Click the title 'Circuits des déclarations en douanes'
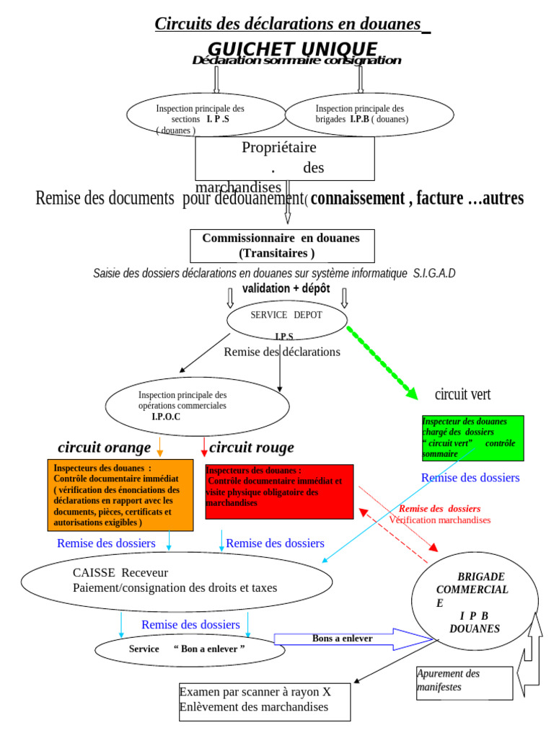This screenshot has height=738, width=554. (288, 24)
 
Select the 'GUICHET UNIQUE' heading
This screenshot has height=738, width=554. (292, 48)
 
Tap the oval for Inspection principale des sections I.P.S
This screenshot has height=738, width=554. (206, 115)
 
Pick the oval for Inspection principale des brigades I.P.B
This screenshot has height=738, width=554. (370, 115)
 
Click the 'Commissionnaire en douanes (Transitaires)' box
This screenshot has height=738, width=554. (282, 246)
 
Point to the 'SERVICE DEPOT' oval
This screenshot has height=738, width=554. (287, 319)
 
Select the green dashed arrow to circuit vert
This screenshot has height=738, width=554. (382, 363)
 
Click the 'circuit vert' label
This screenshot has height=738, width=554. (462, 394)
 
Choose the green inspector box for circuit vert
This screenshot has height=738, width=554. (472, 438)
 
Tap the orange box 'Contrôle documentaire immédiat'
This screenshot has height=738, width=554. (120, 495)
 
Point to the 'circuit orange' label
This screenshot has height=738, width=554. (105, 448)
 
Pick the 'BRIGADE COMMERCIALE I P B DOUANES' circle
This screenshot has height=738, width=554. (473, 603)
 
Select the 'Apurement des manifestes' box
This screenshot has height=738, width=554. (465, 683)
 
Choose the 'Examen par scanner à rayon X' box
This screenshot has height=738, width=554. (264, 701)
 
